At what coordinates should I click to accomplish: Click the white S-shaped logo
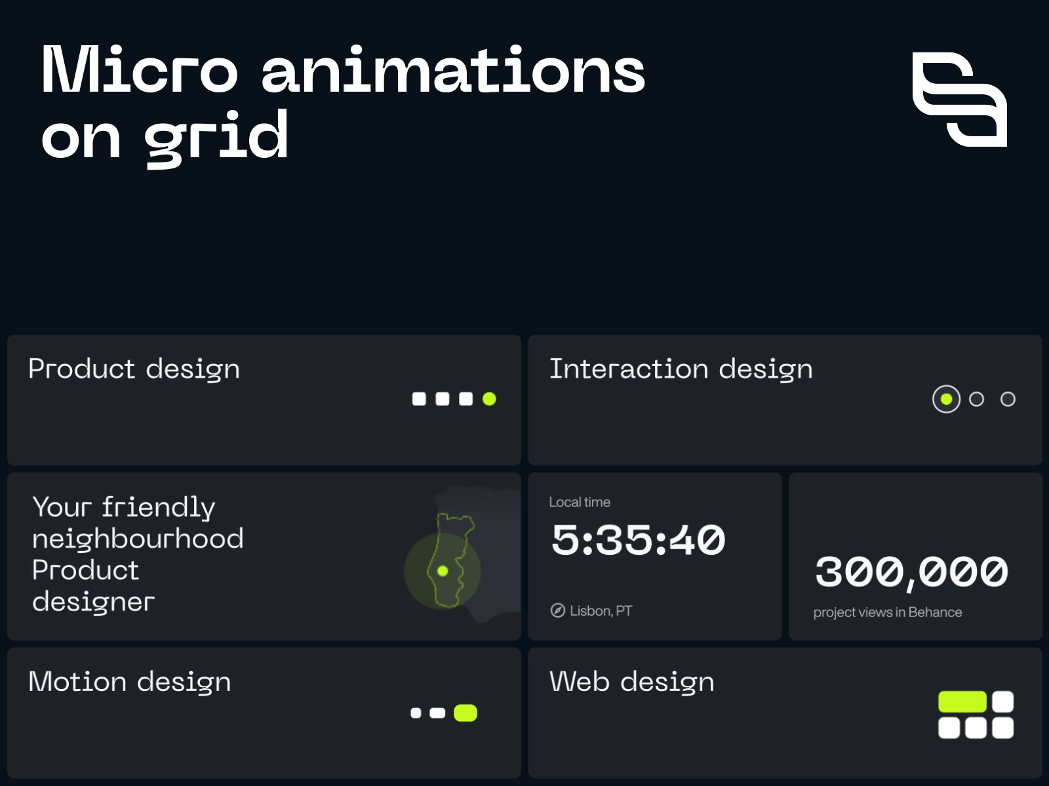960,99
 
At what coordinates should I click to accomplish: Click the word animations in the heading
453,70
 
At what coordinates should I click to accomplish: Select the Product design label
134,369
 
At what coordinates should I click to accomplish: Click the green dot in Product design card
489,399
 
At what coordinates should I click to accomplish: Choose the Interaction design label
681,369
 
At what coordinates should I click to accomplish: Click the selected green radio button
946,399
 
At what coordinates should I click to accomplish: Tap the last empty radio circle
1008,399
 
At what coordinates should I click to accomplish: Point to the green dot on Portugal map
443,571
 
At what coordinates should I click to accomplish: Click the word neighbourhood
138,538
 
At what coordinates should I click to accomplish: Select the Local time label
580,502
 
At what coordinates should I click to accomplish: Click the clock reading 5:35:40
638,540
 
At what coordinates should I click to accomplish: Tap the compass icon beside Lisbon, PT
557,610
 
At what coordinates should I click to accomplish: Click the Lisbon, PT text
601,610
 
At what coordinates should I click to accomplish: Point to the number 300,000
911,572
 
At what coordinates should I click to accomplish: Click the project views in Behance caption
887,612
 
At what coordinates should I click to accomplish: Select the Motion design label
130,682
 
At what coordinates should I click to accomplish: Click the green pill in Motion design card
465,713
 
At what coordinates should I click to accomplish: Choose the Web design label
631,682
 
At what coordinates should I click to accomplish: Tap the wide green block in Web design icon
962,702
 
